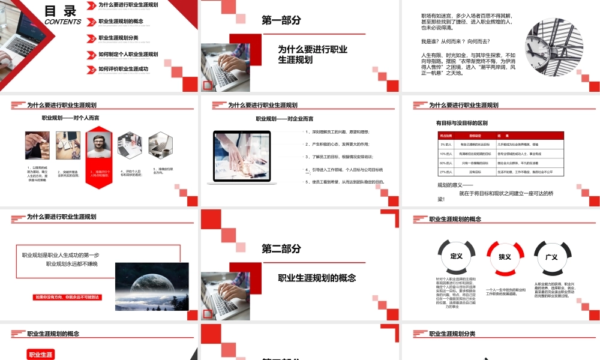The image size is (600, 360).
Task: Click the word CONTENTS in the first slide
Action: tap(62, 22)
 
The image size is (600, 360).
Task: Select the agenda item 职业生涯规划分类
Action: tap(118, 38)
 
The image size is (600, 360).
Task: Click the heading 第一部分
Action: tap(281, 20)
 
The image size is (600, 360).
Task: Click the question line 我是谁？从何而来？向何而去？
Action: tap(455, 41)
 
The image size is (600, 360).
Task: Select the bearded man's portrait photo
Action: tap(99, 145)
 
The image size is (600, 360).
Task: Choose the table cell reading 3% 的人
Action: tap(446, 145)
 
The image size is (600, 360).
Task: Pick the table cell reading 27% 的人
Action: tap(446, 172)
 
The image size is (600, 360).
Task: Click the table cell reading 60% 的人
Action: tap(446, 163)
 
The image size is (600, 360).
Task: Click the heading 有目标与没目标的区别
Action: tap(461, 123)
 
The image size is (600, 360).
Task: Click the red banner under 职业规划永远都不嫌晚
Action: tap(67, 297)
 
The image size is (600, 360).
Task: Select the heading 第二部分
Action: tap(281, 248)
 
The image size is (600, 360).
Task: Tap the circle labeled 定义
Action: tap(456, 256)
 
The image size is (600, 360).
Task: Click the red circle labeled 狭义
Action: tap(505, 257)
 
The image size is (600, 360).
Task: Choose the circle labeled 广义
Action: tap(551, 257)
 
